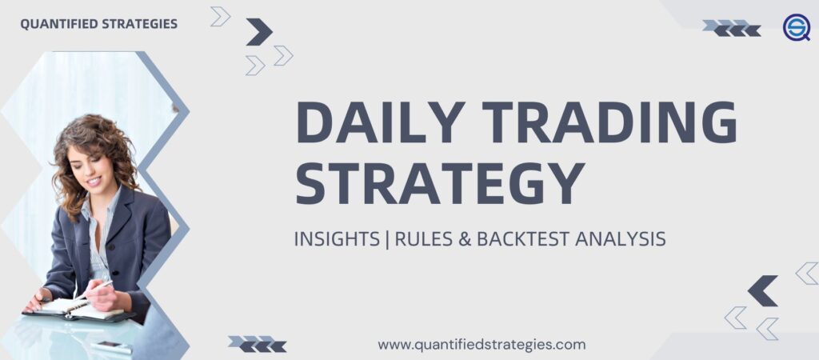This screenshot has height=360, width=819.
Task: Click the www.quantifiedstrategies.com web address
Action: pos(481,345)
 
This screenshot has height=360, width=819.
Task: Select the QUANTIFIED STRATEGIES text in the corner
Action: pos(98,23)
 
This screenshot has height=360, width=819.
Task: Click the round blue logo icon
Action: pos(797,28)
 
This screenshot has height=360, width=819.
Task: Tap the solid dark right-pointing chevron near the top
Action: pos(258,32)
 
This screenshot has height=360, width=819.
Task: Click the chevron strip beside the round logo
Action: pos(732,28)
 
